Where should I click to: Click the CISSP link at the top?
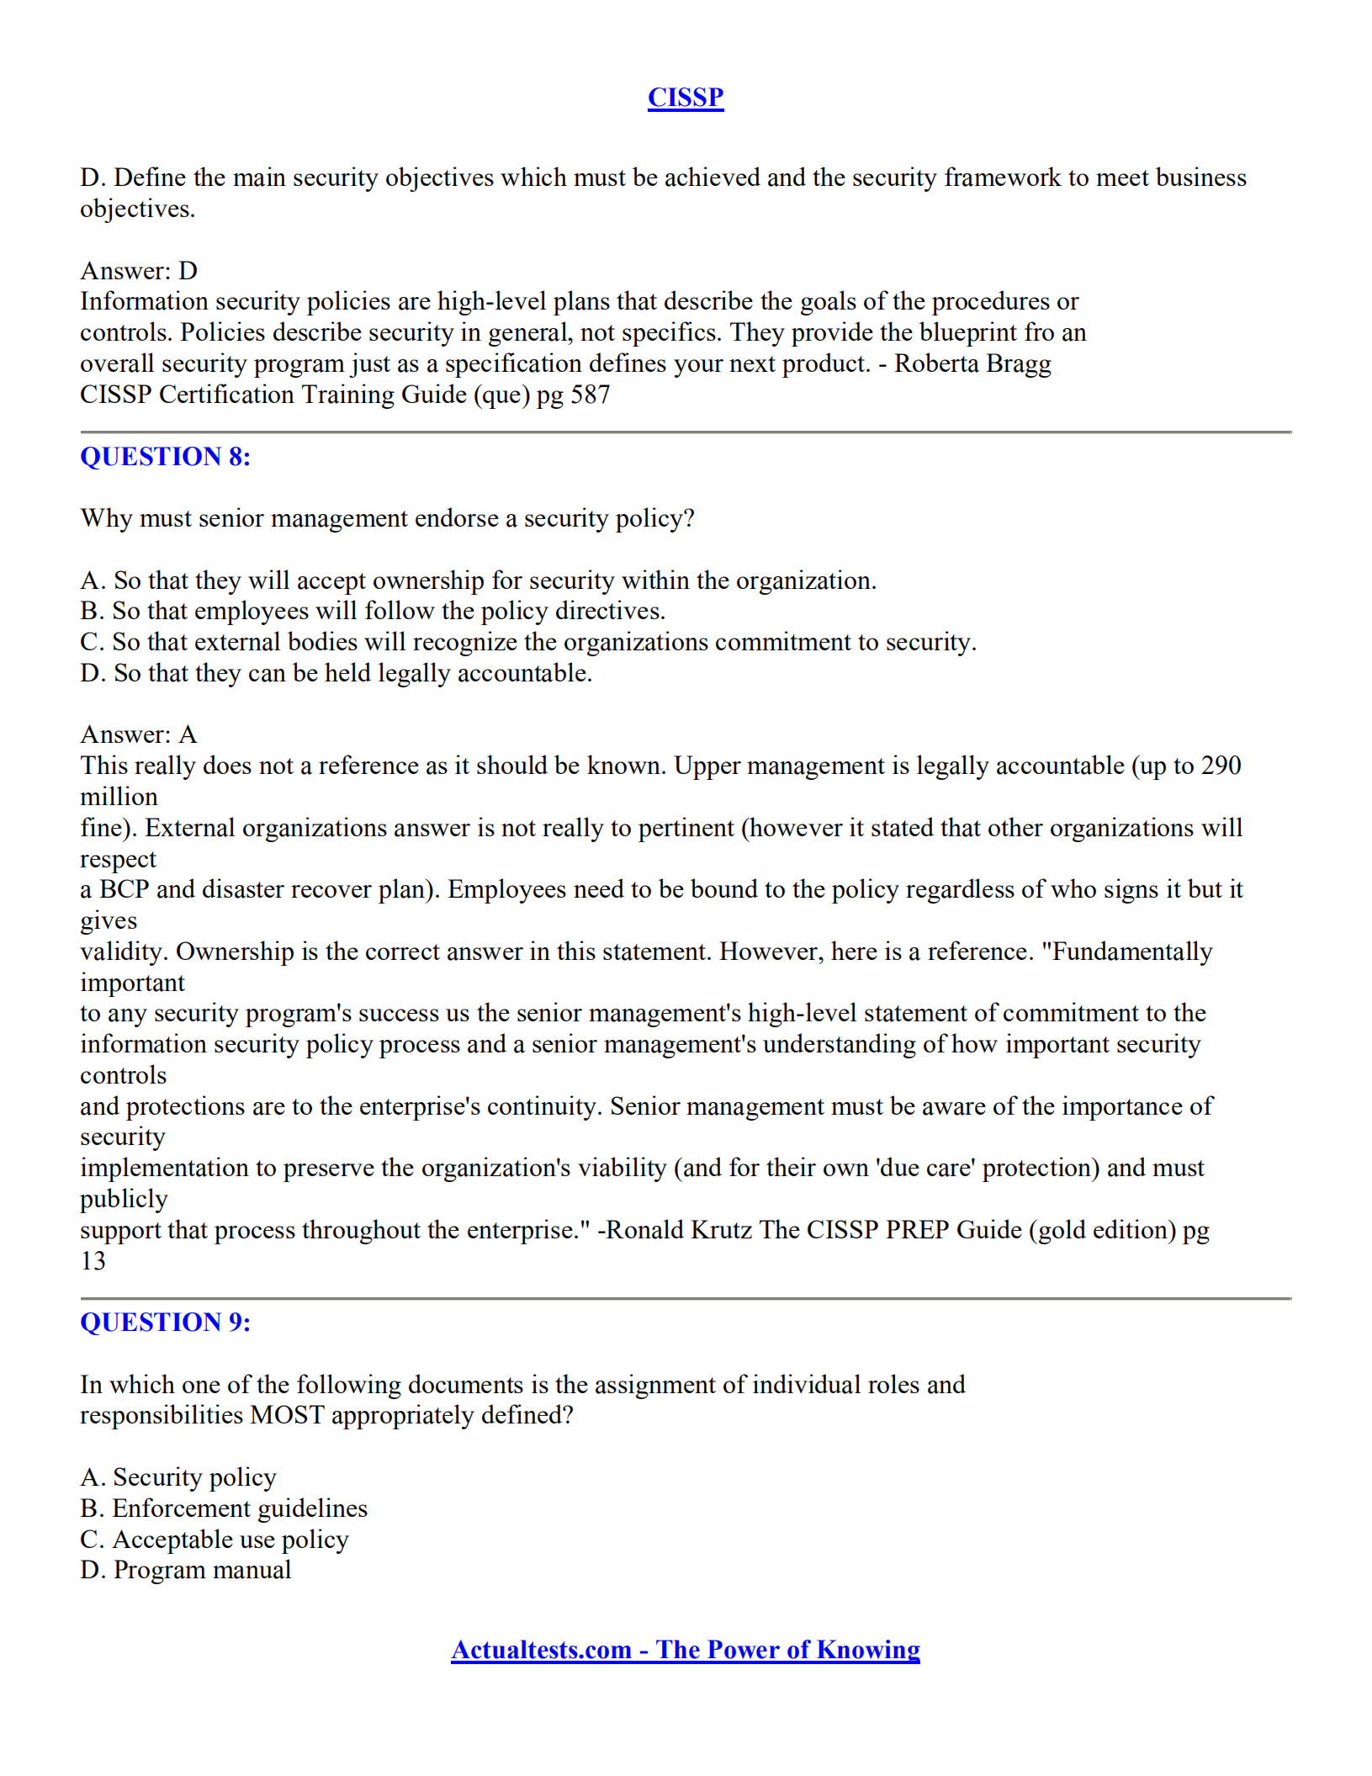coord(685,98)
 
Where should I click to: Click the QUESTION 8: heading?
coord(165,457)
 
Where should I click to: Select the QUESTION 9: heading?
coord(165,1323)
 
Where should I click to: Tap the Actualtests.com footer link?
coord(685,1650)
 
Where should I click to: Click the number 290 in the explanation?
coord(1221,766)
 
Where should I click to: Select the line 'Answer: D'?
coord(139,271)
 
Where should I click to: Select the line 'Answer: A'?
coord(139,734)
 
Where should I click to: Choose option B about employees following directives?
coord(373,611)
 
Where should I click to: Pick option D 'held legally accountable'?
coord(336,673)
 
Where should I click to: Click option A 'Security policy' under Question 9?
coord(178,1477)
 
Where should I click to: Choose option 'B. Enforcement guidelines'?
coord(224,1508)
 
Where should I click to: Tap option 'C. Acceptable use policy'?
coord(215,1540)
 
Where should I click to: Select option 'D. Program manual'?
coord(186,1570)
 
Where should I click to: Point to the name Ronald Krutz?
coord(679,1230)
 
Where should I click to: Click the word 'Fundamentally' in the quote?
coord(1131,952)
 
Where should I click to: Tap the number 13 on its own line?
coord(93,1261)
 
